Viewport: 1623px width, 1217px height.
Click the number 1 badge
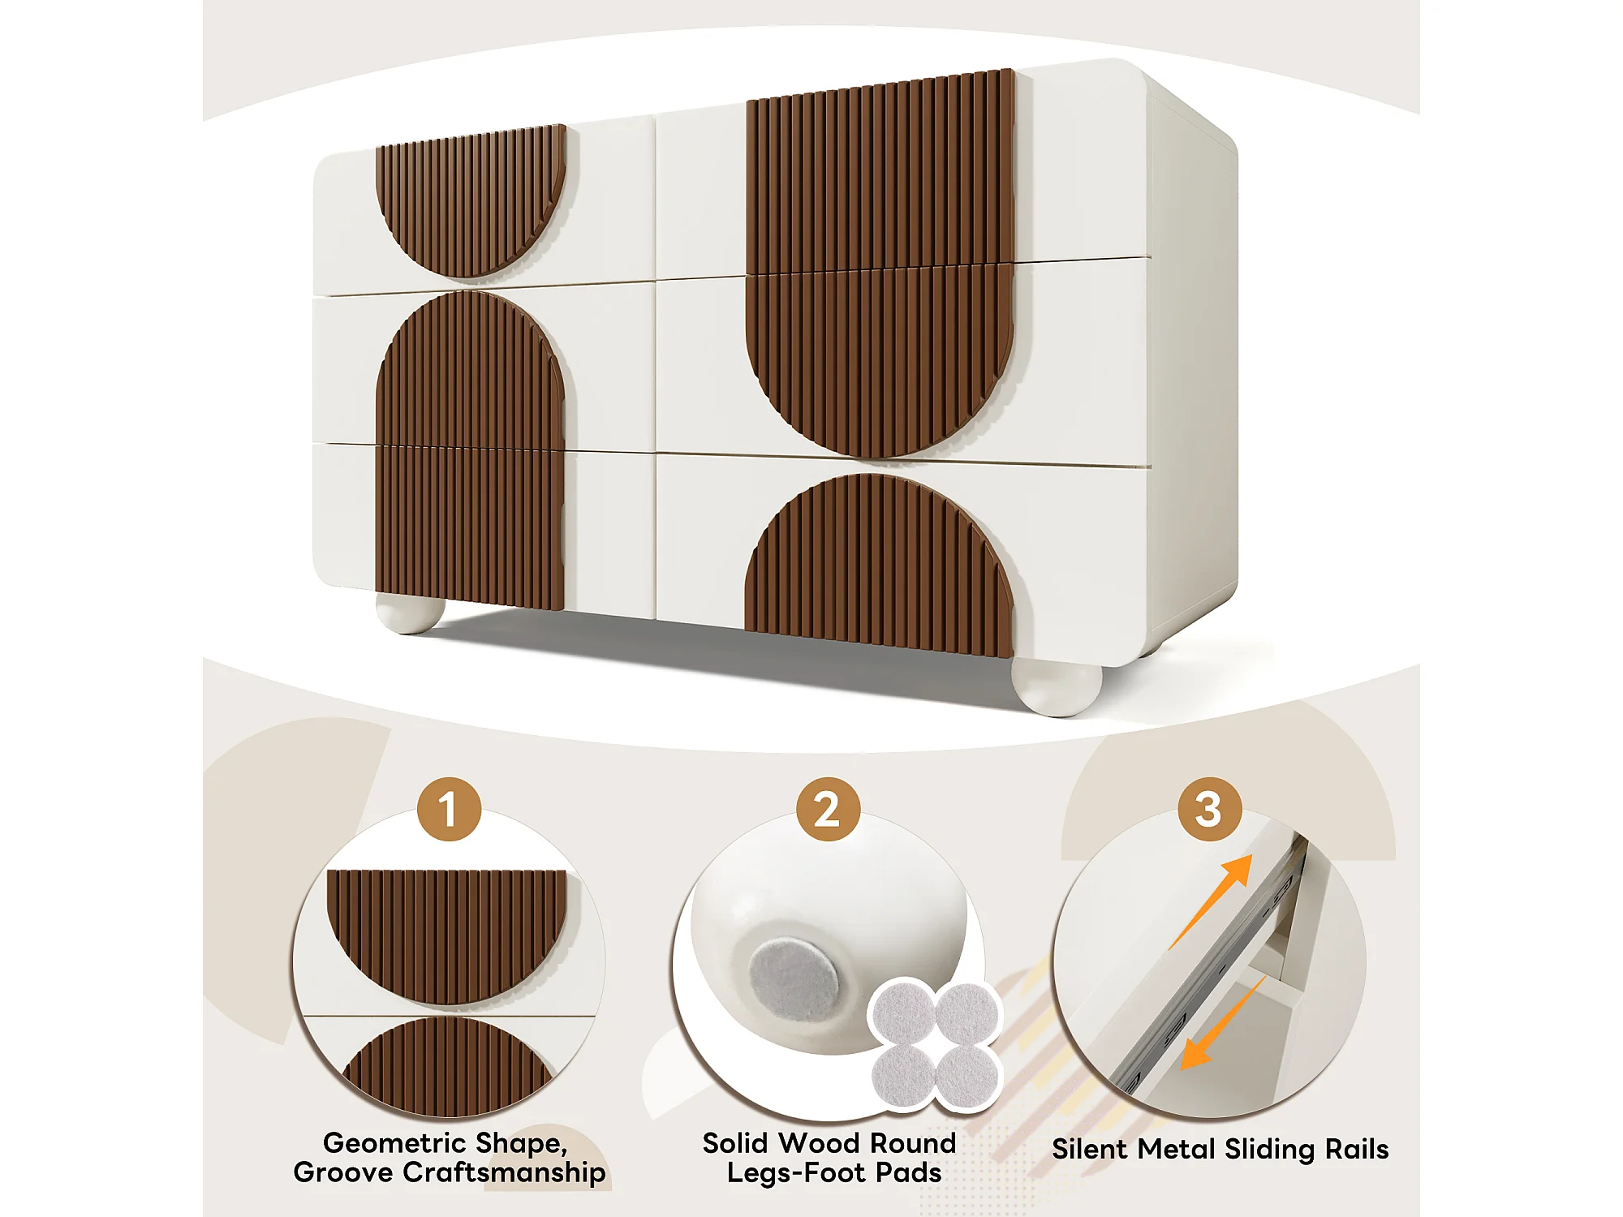449,809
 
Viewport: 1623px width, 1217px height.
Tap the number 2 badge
828,809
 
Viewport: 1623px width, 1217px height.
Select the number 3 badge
1209,809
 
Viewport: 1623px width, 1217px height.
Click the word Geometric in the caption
394,1143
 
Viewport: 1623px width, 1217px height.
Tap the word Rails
1357,1149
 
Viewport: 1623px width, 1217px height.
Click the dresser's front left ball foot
411,613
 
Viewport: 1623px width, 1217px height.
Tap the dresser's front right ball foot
1057,687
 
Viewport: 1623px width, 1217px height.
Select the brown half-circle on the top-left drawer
471,199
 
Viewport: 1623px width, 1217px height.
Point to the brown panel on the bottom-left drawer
470,527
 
